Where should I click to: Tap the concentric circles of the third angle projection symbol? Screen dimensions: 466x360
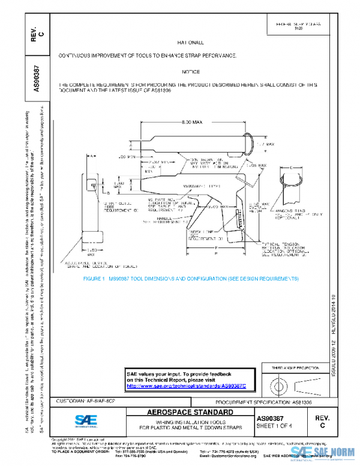[279, 384]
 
